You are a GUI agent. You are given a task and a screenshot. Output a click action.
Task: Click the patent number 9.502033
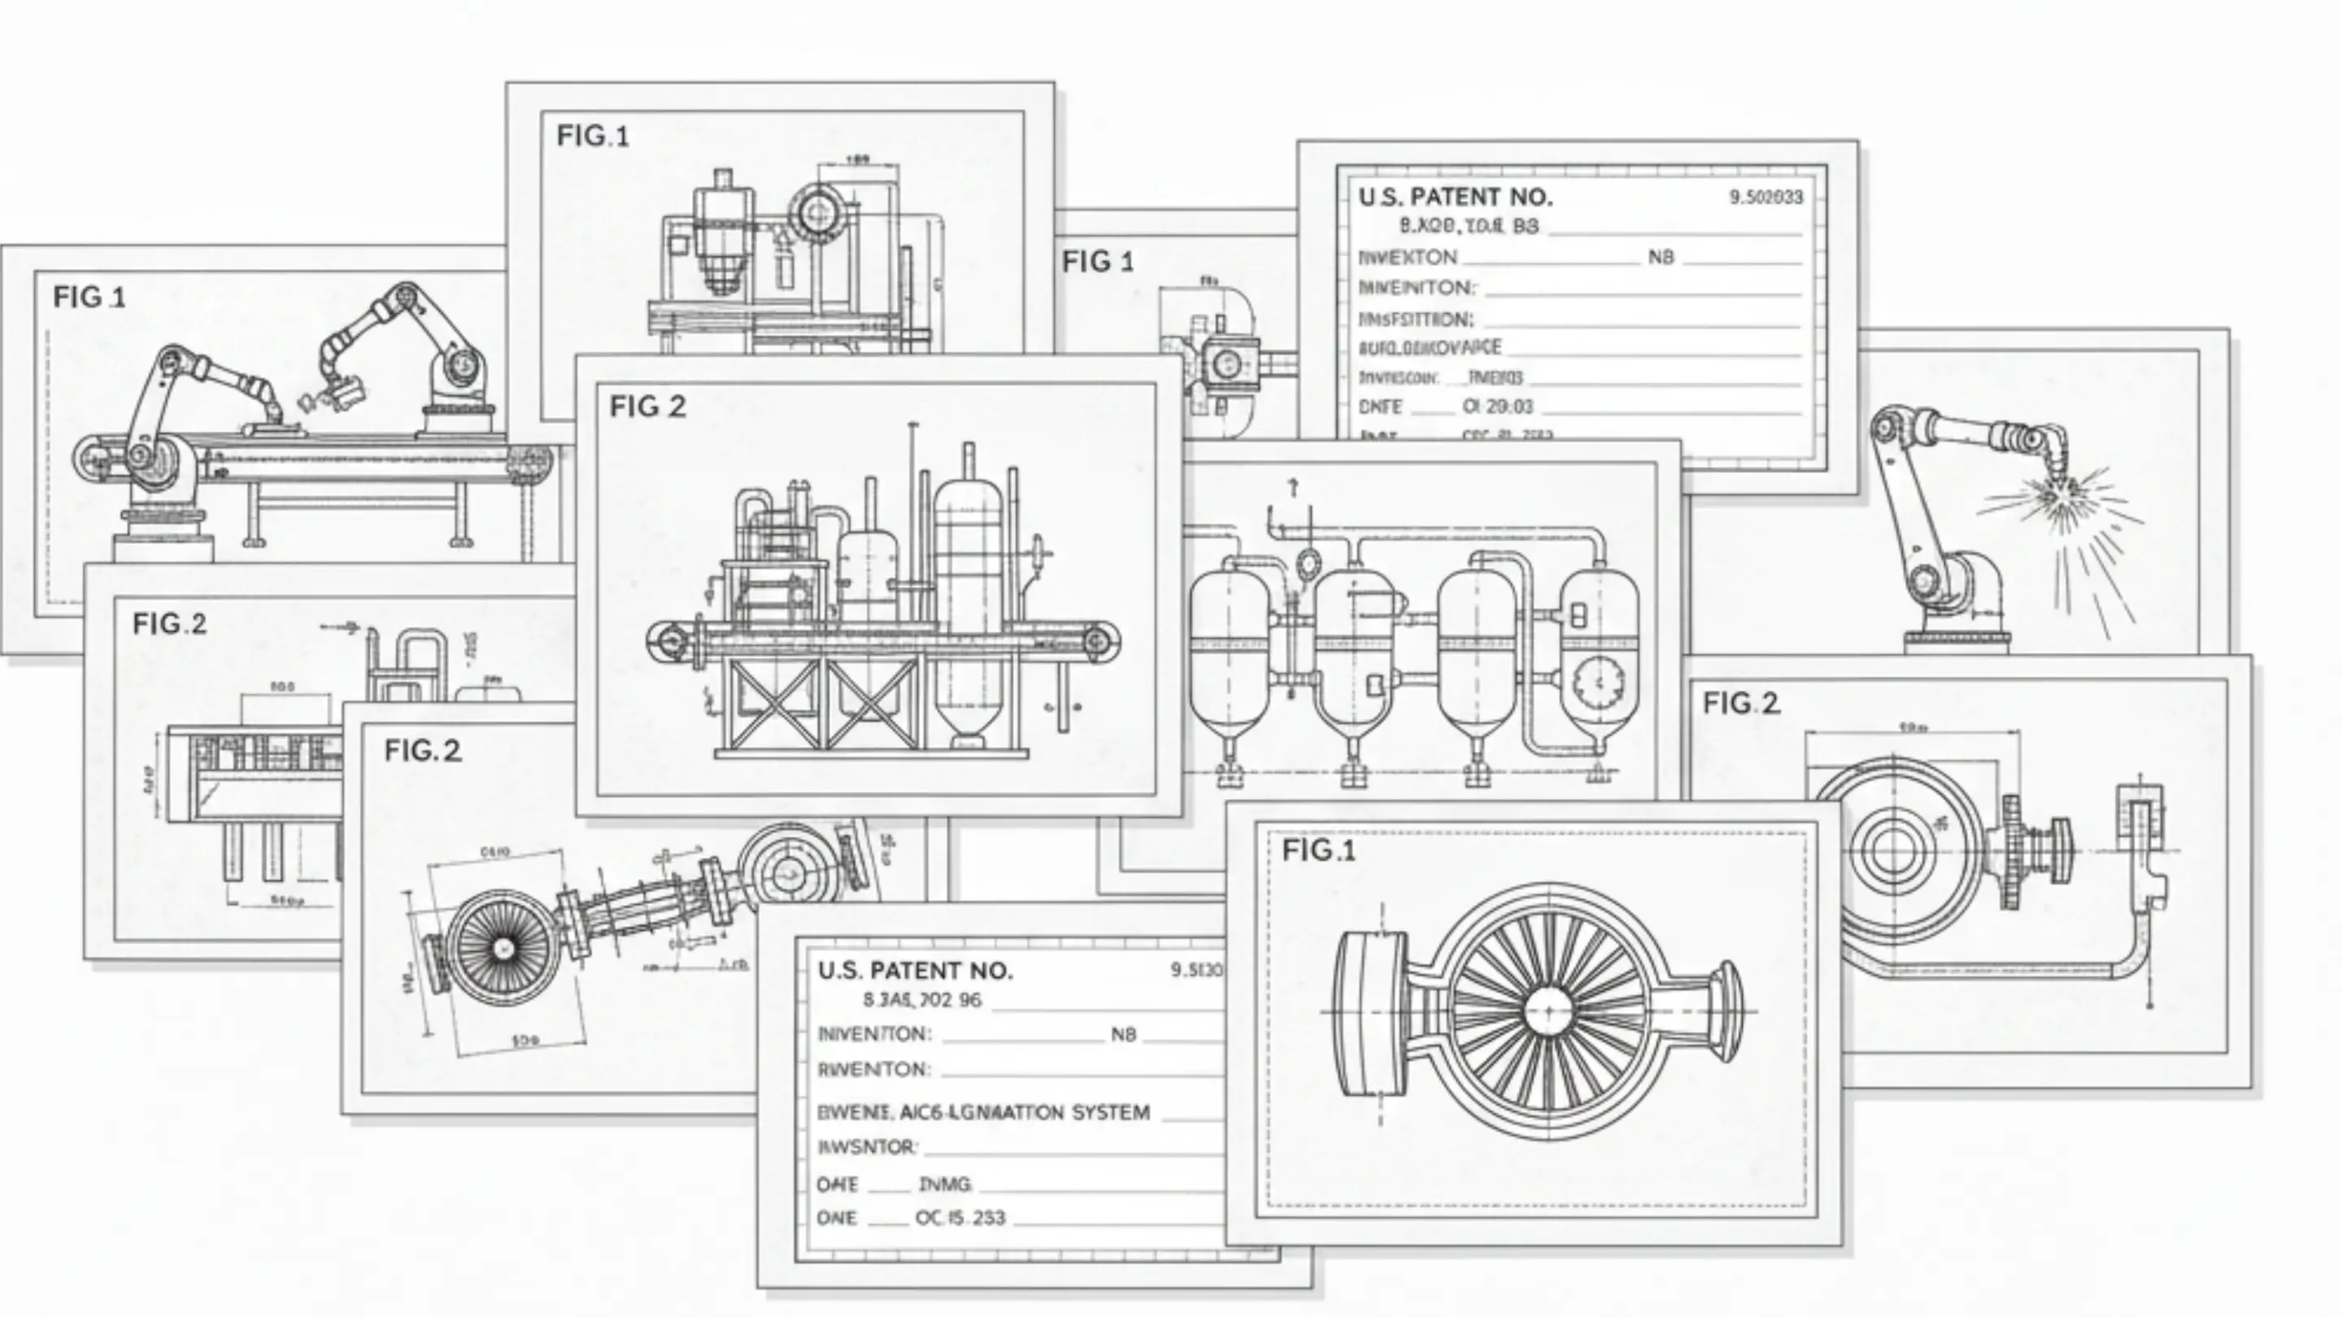(1765, 198)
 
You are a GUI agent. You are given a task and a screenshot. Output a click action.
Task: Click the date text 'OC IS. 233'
(960, 1218)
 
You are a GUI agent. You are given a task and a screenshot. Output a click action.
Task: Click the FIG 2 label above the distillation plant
(647, 406)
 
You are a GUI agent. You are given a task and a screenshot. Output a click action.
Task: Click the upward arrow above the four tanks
(1293, 487)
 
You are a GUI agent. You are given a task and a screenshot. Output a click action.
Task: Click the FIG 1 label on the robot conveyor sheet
(89, 298)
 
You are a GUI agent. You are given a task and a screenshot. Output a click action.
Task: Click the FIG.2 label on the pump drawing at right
(1740, 702)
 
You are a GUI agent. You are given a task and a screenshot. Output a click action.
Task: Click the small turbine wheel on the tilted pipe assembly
(503, 948)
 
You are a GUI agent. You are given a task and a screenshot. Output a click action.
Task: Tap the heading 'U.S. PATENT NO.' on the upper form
(1455, 198)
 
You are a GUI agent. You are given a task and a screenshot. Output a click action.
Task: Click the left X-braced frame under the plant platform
(772, 704)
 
